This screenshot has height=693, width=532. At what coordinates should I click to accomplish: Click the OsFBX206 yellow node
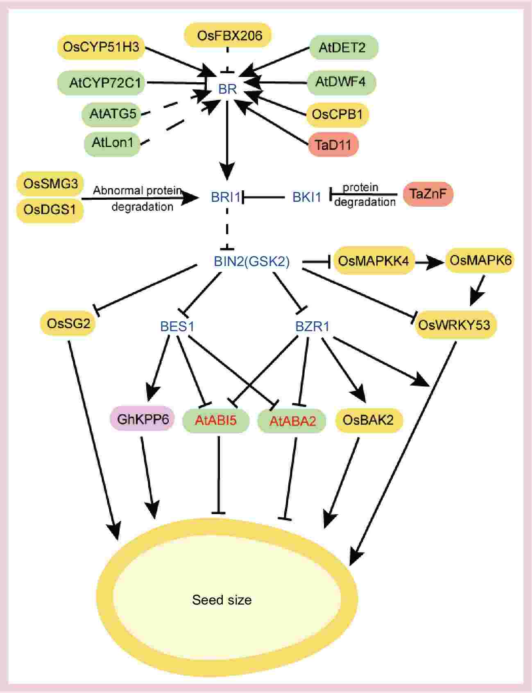(x=229, y=35)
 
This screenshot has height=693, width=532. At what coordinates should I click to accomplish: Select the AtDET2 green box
(x=342, y=47)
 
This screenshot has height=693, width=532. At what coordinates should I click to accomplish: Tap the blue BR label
(x=227, y=88)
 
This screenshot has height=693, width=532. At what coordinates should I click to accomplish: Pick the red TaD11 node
(x=333, y=144)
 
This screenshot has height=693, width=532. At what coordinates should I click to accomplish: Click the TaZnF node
(x=428, y=194)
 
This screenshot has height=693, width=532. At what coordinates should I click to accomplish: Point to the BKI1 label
(x=307, y=197)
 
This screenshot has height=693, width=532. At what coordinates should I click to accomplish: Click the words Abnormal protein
(x=137, y=190)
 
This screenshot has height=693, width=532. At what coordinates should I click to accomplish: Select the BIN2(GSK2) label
(x=251, y=261)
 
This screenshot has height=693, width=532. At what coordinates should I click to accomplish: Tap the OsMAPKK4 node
(x=374, y=260)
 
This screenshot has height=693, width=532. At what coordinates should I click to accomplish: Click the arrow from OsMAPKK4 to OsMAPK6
(x=430, y=263)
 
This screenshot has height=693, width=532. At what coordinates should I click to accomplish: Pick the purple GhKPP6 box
(x=143, y=419)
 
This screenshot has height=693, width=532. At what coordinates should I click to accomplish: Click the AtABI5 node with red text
(x=216, y=420)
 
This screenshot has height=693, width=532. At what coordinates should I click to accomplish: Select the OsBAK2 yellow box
(x=368, y=420)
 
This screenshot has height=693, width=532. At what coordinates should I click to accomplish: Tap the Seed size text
(x=222, y=600)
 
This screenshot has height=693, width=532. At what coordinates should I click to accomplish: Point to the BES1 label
(x=177, y=326)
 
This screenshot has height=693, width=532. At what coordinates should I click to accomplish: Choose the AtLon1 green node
(x=112, y=142)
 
